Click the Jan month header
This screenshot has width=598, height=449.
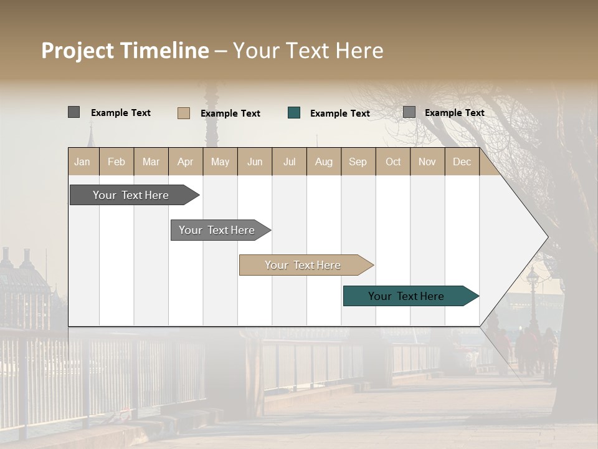pos(82,162)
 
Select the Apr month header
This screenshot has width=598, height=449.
pos(185,162)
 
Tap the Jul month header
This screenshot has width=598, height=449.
pos(289,162)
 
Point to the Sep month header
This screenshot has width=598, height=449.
pos(358,162)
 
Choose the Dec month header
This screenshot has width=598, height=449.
pos(462,162)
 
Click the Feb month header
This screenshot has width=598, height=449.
pos(116,162)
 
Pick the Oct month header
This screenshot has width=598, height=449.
pos(393,162)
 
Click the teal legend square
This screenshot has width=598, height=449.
pos(294,113)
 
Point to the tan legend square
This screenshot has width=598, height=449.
pos(184,113)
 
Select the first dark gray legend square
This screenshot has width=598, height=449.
pos(74,112)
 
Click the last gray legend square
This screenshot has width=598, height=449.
pos(409,112)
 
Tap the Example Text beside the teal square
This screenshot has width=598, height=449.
pos(340,113)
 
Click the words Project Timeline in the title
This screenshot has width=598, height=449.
pos(125,51)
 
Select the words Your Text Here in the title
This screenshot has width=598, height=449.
pos(308,51)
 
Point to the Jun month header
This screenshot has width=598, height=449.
pos(255,162)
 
